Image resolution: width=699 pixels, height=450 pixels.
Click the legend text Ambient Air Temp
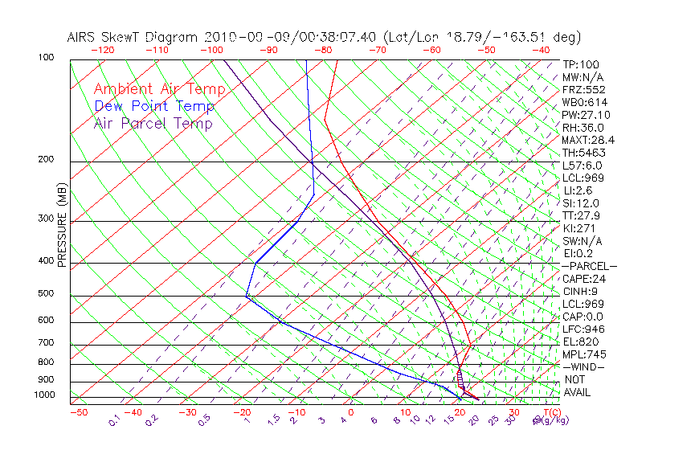click(x=159, y=89)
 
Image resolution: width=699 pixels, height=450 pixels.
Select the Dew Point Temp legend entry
click(x=154, y=106)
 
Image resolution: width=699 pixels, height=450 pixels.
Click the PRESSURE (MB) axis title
click(x=62, y=230)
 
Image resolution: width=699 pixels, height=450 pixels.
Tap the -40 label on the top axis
click(x=541, y=50)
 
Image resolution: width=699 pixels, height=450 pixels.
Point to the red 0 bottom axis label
click(x=350, y=412)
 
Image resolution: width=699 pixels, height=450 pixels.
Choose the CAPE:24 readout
click(x=583, y=279)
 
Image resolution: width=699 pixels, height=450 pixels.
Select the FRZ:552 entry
click(x=582, y=90)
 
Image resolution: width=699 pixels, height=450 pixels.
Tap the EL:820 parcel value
click(x=580, y=342)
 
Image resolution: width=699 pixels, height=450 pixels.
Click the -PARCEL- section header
click(x=589, y=266)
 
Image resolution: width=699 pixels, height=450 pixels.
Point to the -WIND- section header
click(x=584, y=366)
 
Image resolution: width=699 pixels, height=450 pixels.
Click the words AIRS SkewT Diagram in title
click(x=133, y=37)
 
